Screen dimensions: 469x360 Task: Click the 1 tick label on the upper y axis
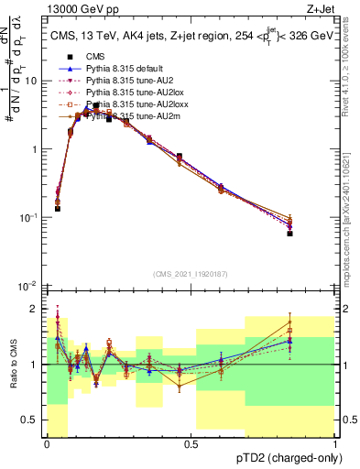(x=35, y=149)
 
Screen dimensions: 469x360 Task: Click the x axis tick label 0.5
(x=191, y=443)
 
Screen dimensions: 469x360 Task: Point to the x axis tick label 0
(x=47, y=443)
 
